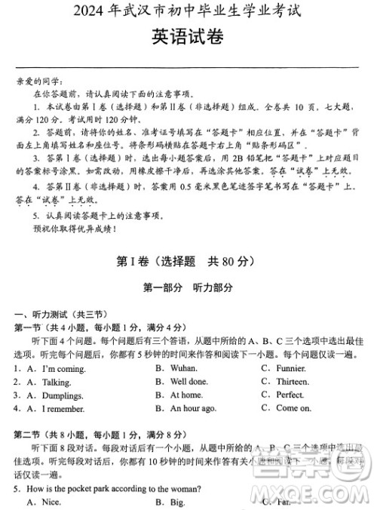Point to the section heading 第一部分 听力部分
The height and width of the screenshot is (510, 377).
(188, 287)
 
